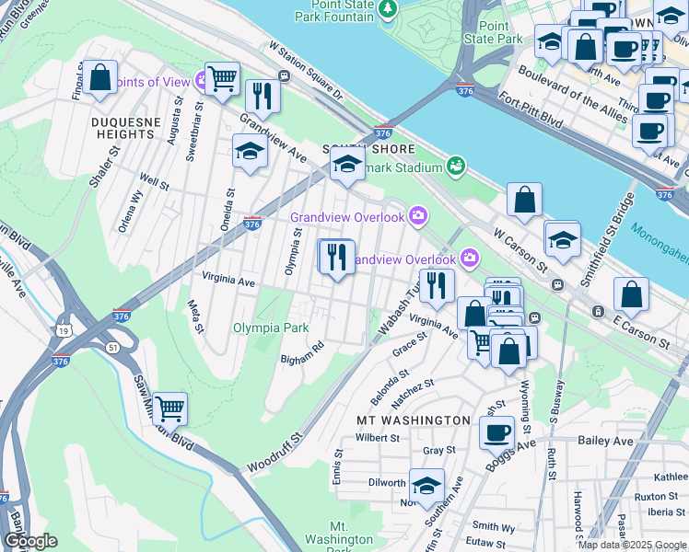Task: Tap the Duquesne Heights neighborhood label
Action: pyautogui.click(x=123, y=128)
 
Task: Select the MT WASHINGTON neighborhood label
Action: pyautogui.click(x=414, y=420)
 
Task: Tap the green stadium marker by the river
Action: pyautogui.click(x=454, y=166)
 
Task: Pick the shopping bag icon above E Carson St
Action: pyautogui.click(x=631, y=294)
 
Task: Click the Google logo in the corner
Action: pyautogui.click(x=30, y=541)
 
